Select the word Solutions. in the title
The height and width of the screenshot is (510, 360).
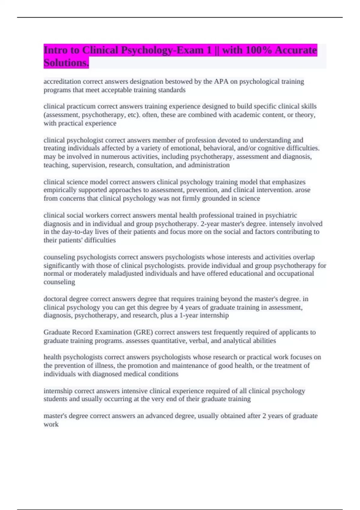point(66,63)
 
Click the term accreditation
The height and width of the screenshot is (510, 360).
point(62,82)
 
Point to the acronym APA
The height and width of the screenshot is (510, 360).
point(221,82)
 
